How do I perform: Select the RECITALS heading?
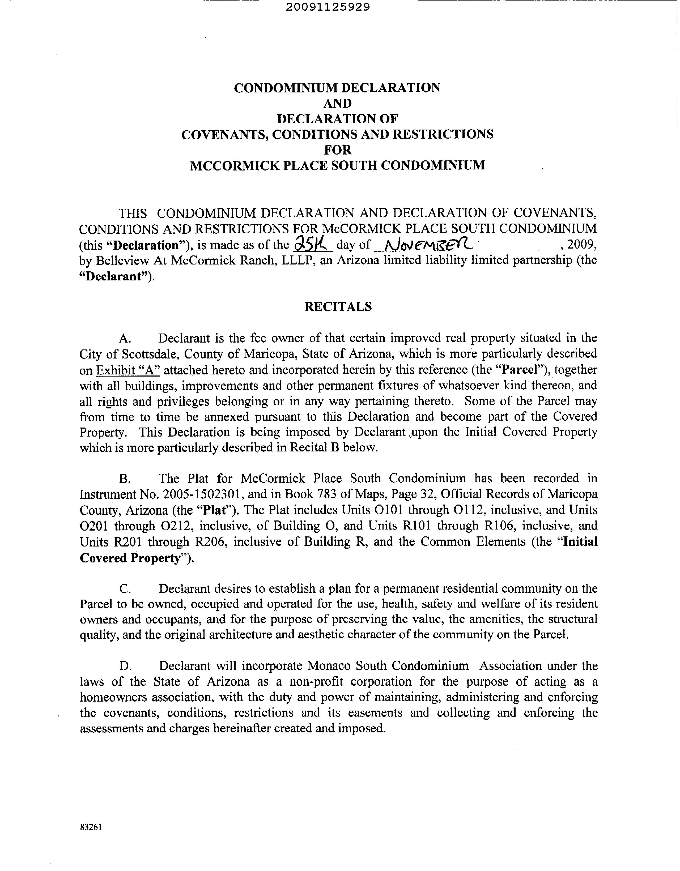pos(338,306)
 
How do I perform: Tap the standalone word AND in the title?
pos(337,103)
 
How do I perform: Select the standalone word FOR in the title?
pos(337,150)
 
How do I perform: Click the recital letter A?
pos(125,339)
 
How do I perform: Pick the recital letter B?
pos(125,479)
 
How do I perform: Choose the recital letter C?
pos(125,589)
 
